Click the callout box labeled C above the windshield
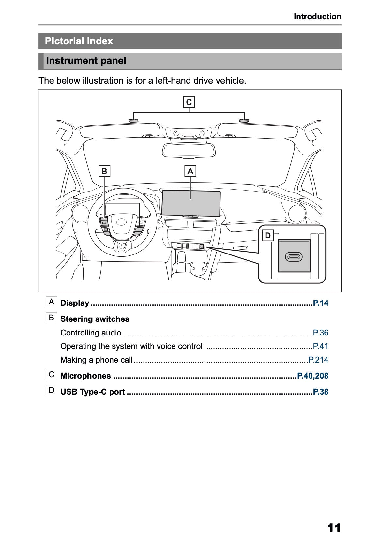point(189,102)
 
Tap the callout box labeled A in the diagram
point(190,171)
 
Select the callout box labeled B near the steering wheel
point(104,171)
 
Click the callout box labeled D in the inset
point(268,236)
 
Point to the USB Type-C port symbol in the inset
point(294,257)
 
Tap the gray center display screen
point(191,203)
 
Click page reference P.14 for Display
point(320,303)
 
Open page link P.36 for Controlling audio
point(320,333)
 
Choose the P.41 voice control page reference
point(320,346)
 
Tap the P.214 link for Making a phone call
point(318,360)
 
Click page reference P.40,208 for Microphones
point(312,376)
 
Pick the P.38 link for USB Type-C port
point(320,392)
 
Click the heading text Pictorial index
point(79,41)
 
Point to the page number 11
point(334,518)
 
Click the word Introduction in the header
point(317,17)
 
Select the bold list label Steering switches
point(95,319)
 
